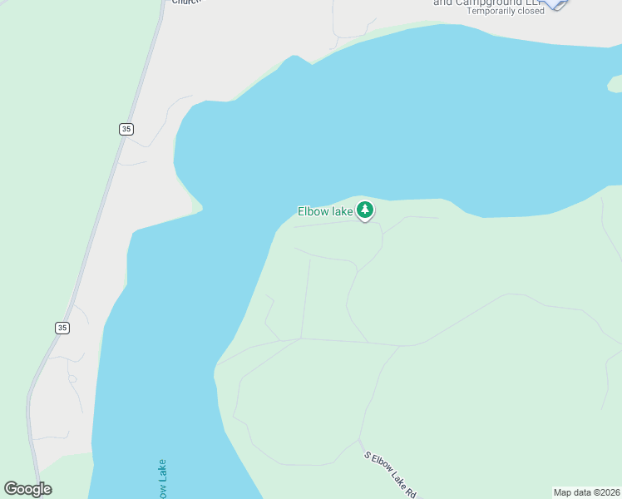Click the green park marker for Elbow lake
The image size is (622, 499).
point(365,210)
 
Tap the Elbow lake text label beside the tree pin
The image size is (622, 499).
point(325,211)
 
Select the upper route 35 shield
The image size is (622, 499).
point(126,129)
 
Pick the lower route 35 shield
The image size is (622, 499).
point(62,328)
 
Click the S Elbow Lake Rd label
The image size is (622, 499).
point(390,475)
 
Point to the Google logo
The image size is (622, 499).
point(27,489)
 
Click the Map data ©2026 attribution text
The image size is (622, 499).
point(586,492)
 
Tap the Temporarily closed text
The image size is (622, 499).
point(506,11)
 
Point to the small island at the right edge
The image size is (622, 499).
point(615,84)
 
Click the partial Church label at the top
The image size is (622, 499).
point(187,2)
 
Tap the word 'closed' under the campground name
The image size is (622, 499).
point(529,11)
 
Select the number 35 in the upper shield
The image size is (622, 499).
point(126,129)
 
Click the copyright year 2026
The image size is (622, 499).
point(610,492)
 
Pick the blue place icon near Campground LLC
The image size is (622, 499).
point(556,2)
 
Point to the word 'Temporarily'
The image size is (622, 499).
point(490,11)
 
